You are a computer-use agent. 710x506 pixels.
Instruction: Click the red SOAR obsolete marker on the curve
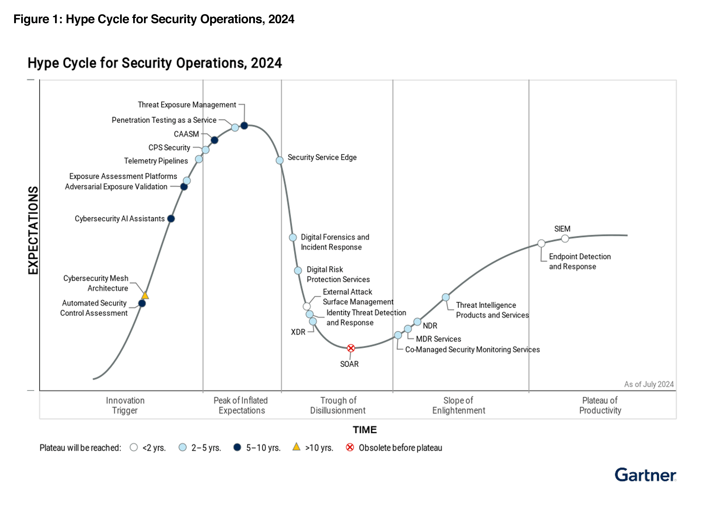point(351,348)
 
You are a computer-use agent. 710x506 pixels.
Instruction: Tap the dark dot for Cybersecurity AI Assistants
point(171,219)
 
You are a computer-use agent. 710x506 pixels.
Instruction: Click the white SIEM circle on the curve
point(565,239)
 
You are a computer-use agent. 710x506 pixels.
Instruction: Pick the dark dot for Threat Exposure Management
point(244,126)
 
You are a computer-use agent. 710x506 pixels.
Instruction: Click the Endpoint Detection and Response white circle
point(541,243)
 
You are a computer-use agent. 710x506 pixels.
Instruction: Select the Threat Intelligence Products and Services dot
point(446,297)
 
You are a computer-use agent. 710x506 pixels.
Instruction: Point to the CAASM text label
point(186,134)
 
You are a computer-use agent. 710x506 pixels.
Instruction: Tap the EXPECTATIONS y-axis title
point(33,231)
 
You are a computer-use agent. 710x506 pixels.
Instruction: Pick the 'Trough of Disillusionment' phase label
point(338,405)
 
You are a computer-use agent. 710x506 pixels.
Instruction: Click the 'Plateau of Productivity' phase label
point(600,405)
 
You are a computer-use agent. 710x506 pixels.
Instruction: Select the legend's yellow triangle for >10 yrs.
point(296,447)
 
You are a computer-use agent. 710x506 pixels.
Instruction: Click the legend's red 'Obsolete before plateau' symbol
point(350,448)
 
